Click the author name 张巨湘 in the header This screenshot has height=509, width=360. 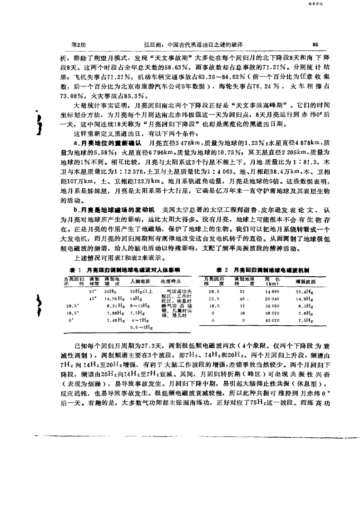tap(152, 45)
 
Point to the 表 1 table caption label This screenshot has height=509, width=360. tap(69, 269)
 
